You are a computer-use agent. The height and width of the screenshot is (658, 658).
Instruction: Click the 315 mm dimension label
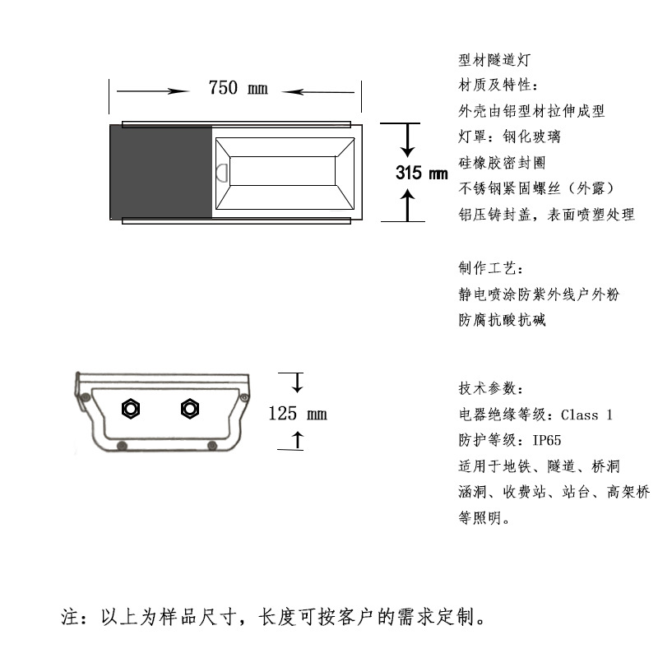pos(421,174)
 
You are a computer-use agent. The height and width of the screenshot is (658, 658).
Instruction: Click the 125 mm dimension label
pos(298,413)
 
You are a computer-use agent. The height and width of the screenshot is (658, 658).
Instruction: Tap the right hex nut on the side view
pos(190,408)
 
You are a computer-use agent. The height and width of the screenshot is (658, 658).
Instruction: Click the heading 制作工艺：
pos(490,268)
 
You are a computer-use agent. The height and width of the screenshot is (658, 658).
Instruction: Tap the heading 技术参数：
pos(490,389)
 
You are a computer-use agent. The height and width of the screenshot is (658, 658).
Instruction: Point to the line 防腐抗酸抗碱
pos(502,320)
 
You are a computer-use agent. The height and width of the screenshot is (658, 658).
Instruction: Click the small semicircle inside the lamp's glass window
pos(222,174)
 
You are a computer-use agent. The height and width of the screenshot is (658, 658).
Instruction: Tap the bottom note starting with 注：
pos(273,616)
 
